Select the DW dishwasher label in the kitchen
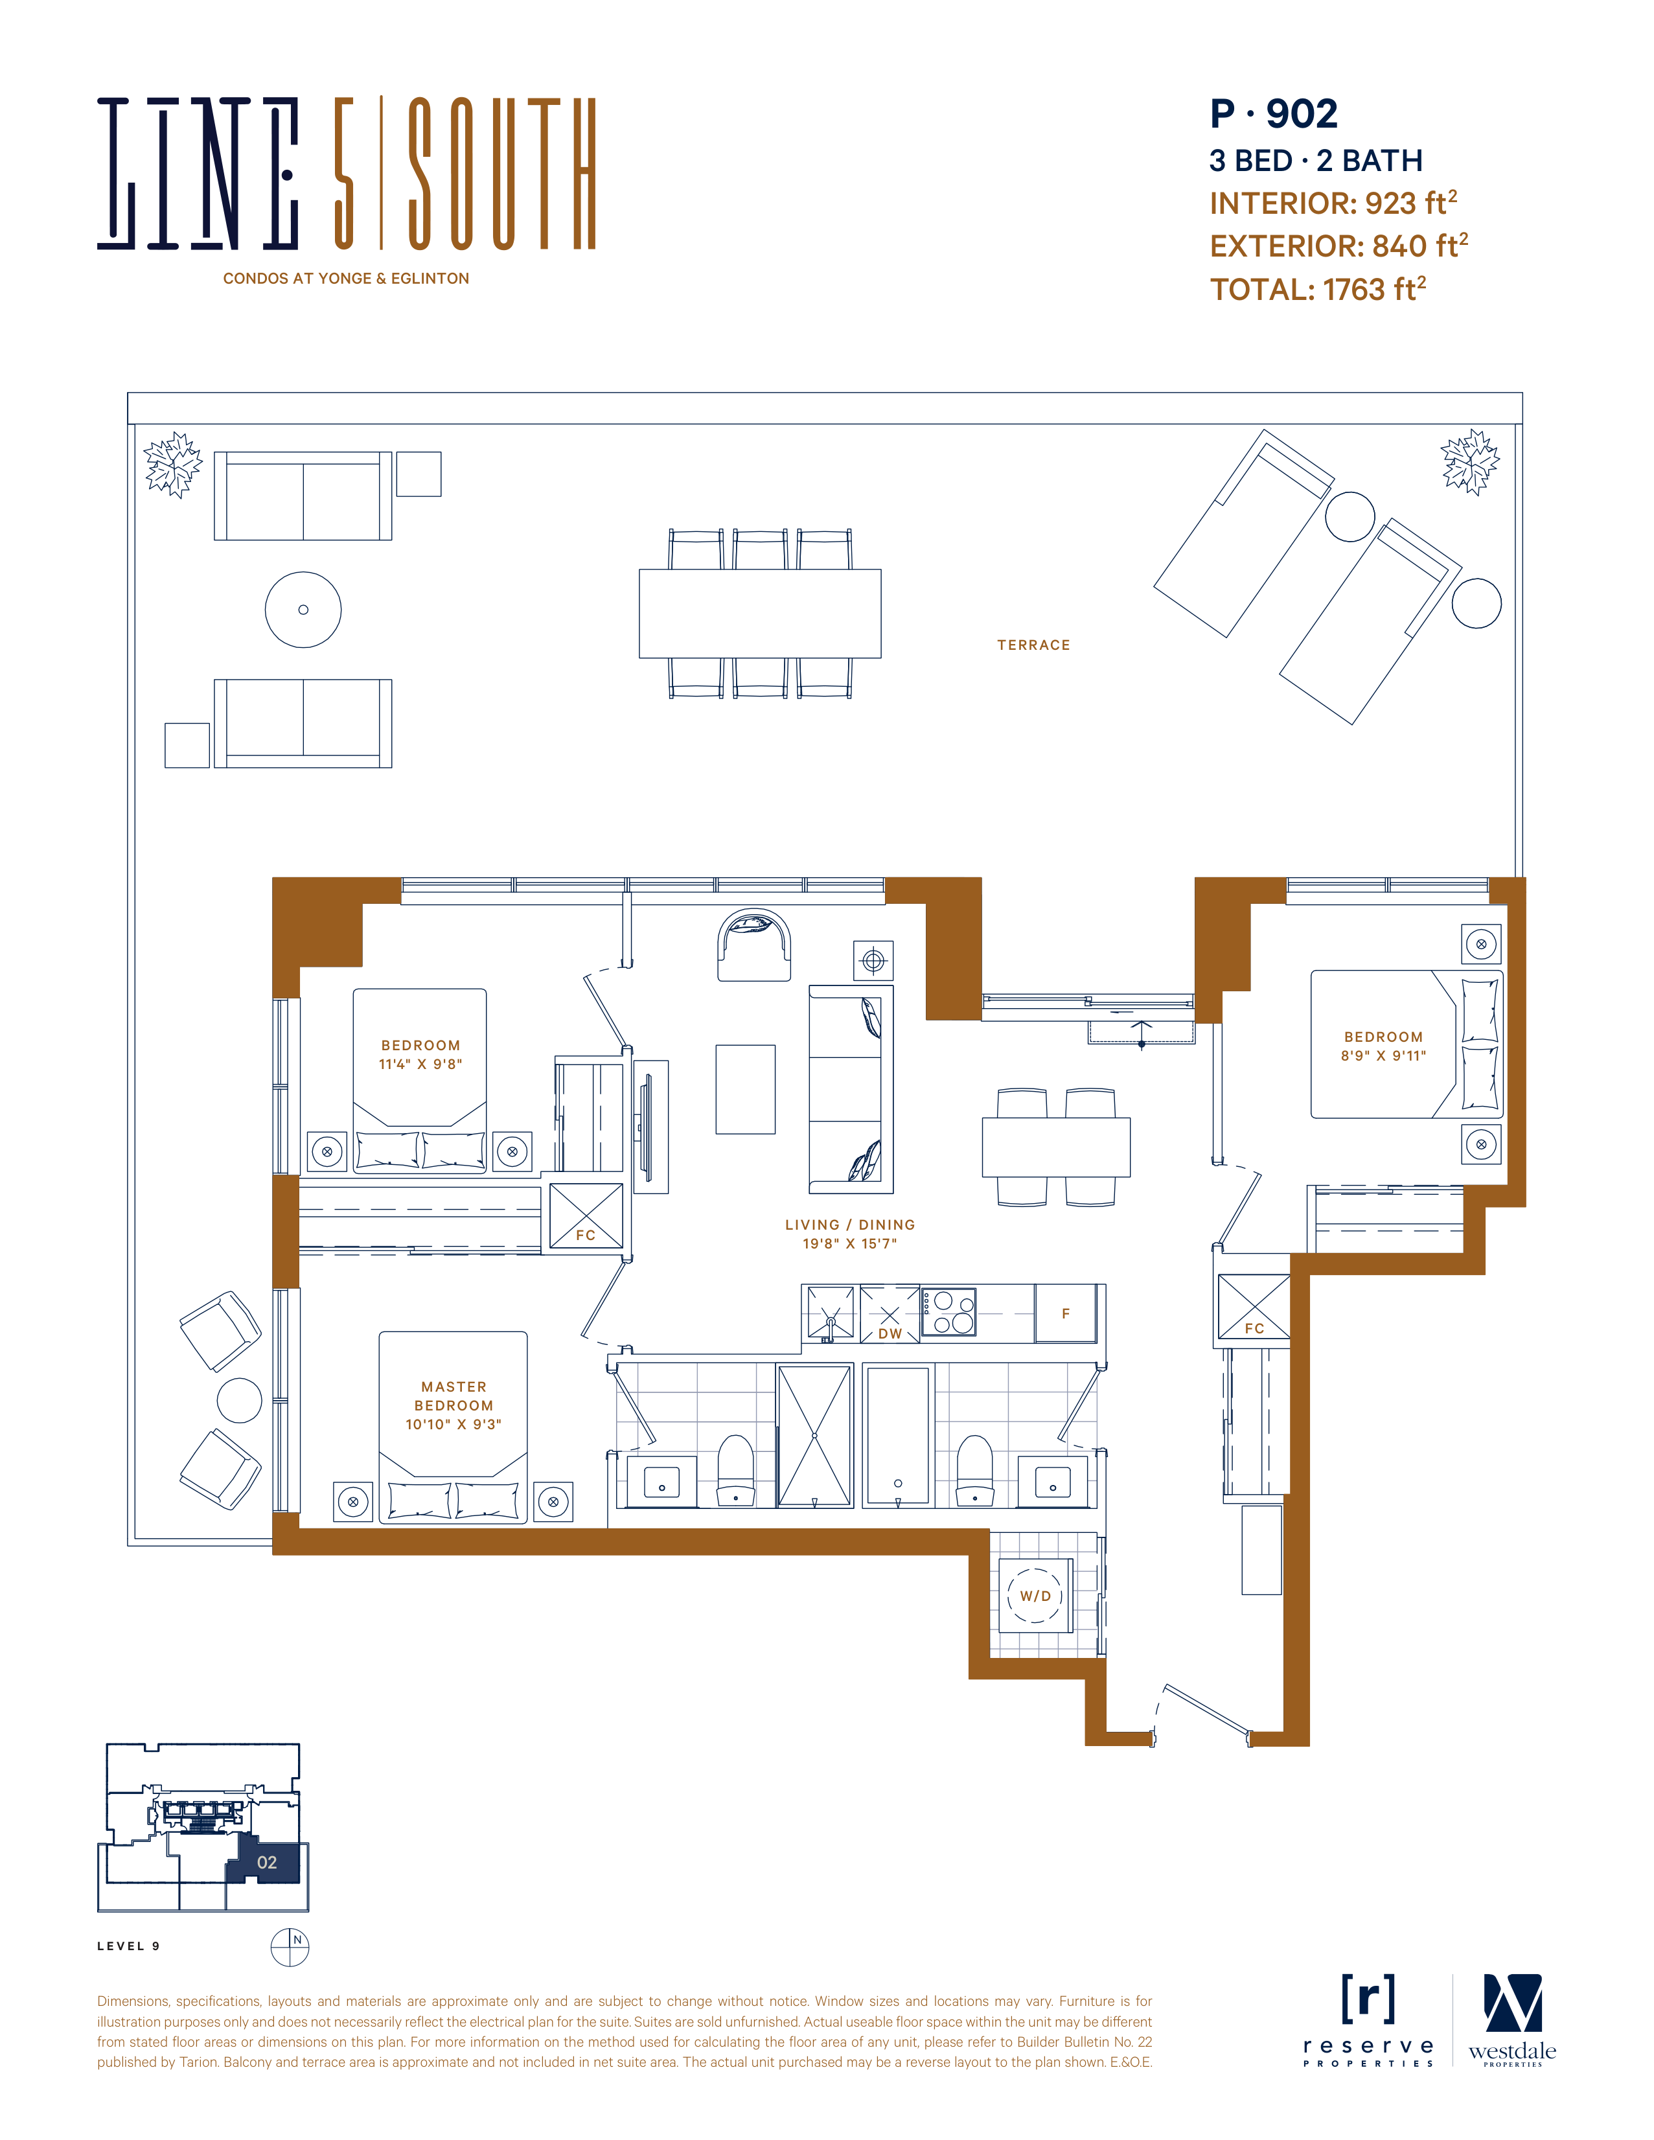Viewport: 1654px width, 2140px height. click(x=890, y=1333)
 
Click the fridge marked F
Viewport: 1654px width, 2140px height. click(x=1065, y=1313)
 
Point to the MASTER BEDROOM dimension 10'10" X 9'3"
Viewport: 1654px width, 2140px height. click(x=454, y=1423)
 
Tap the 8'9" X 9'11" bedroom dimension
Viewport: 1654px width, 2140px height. click(x=1384, y=1055)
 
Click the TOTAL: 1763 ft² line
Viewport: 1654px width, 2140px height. click(x=1318, y=289)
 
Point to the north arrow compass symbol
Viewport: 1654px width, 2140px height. click(x=290, y=1946)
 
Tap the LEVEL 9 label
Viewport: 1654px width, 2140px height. click(x=128, y=1946)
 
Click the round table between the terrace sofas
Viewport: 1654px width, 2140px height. click(x=304, y=610)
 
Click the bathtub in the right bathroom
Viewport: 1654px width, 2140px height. click(x=897, y=1436)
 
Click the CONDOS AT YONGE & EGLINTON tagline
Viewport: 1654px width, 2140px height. click(x=346, y=279)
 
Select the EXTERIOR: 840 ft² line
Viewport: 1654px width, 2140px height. click(x=1338, y=246)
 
